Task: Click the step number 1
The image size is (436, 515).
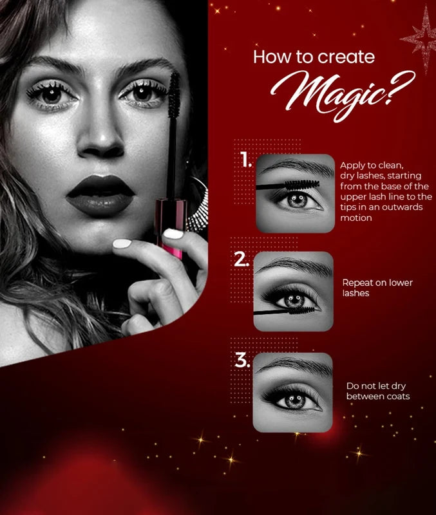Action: [x=246, y=159]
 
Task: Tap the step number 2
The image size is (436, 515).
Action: [x=242, y=259]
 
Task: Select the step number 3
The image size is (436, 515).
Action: [x=243, y=360]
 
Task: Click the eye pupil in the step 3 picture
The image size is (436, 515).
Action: [x=295, y=400]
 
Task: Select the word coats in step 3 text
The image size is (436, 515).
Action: [x=398, y=397]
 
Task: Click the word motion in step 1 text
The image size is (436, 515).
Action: [x=356, y=218]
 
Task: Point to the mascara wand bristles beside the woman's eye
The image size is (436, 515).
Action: [x=174, y=95]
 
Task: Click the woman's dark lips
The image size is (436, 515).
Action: [x=100, y=195]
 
